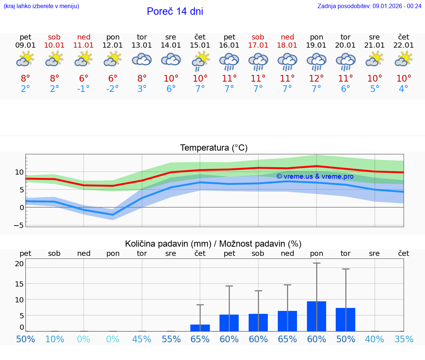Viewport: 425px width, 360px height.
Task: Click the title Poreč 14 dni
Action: [175, 11]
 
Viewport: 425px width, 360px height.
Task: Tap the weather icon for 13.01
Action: [142, 59]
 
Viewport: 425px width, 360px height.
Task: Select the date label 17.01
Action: [258, 45]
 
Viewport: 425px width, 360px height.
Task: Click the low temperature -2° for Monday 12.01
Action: [113, 89]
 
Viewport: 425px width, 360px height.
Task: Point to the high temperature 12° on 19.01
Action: [316, 78]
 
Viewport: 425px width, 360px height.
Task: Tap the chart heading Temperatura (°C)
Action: [214, 148]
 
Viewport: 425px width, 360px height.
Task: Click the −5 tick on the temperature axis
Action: [19, 225]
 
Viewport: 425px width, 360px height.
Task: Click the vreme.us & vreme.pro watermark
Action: [315, 176]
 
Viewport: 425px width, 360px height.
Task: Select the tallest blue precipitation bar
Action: [317, 316]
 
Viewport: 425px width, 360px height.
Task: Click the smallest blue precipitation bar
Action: [200, 328]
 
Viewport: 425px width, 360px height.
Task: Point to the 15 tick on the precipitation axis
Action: [19, 284]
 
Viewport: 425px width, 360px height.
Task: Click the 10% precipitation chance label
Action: [55, 339]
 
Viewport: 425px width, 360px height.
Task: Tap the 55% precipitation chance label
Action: [171, 339]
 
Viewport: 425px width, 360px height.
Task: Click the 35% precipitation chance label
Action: [404, 339]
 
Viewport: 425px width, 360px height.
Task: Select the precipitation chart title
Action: [213, 244]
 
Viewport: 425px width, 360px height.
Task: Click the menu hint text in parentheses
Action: [41, 6]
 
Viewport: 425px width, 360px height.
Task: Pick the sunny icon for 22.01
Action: [404, 59]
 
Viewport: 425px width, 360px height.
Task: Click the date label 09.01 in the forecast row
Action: [25, 45]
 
